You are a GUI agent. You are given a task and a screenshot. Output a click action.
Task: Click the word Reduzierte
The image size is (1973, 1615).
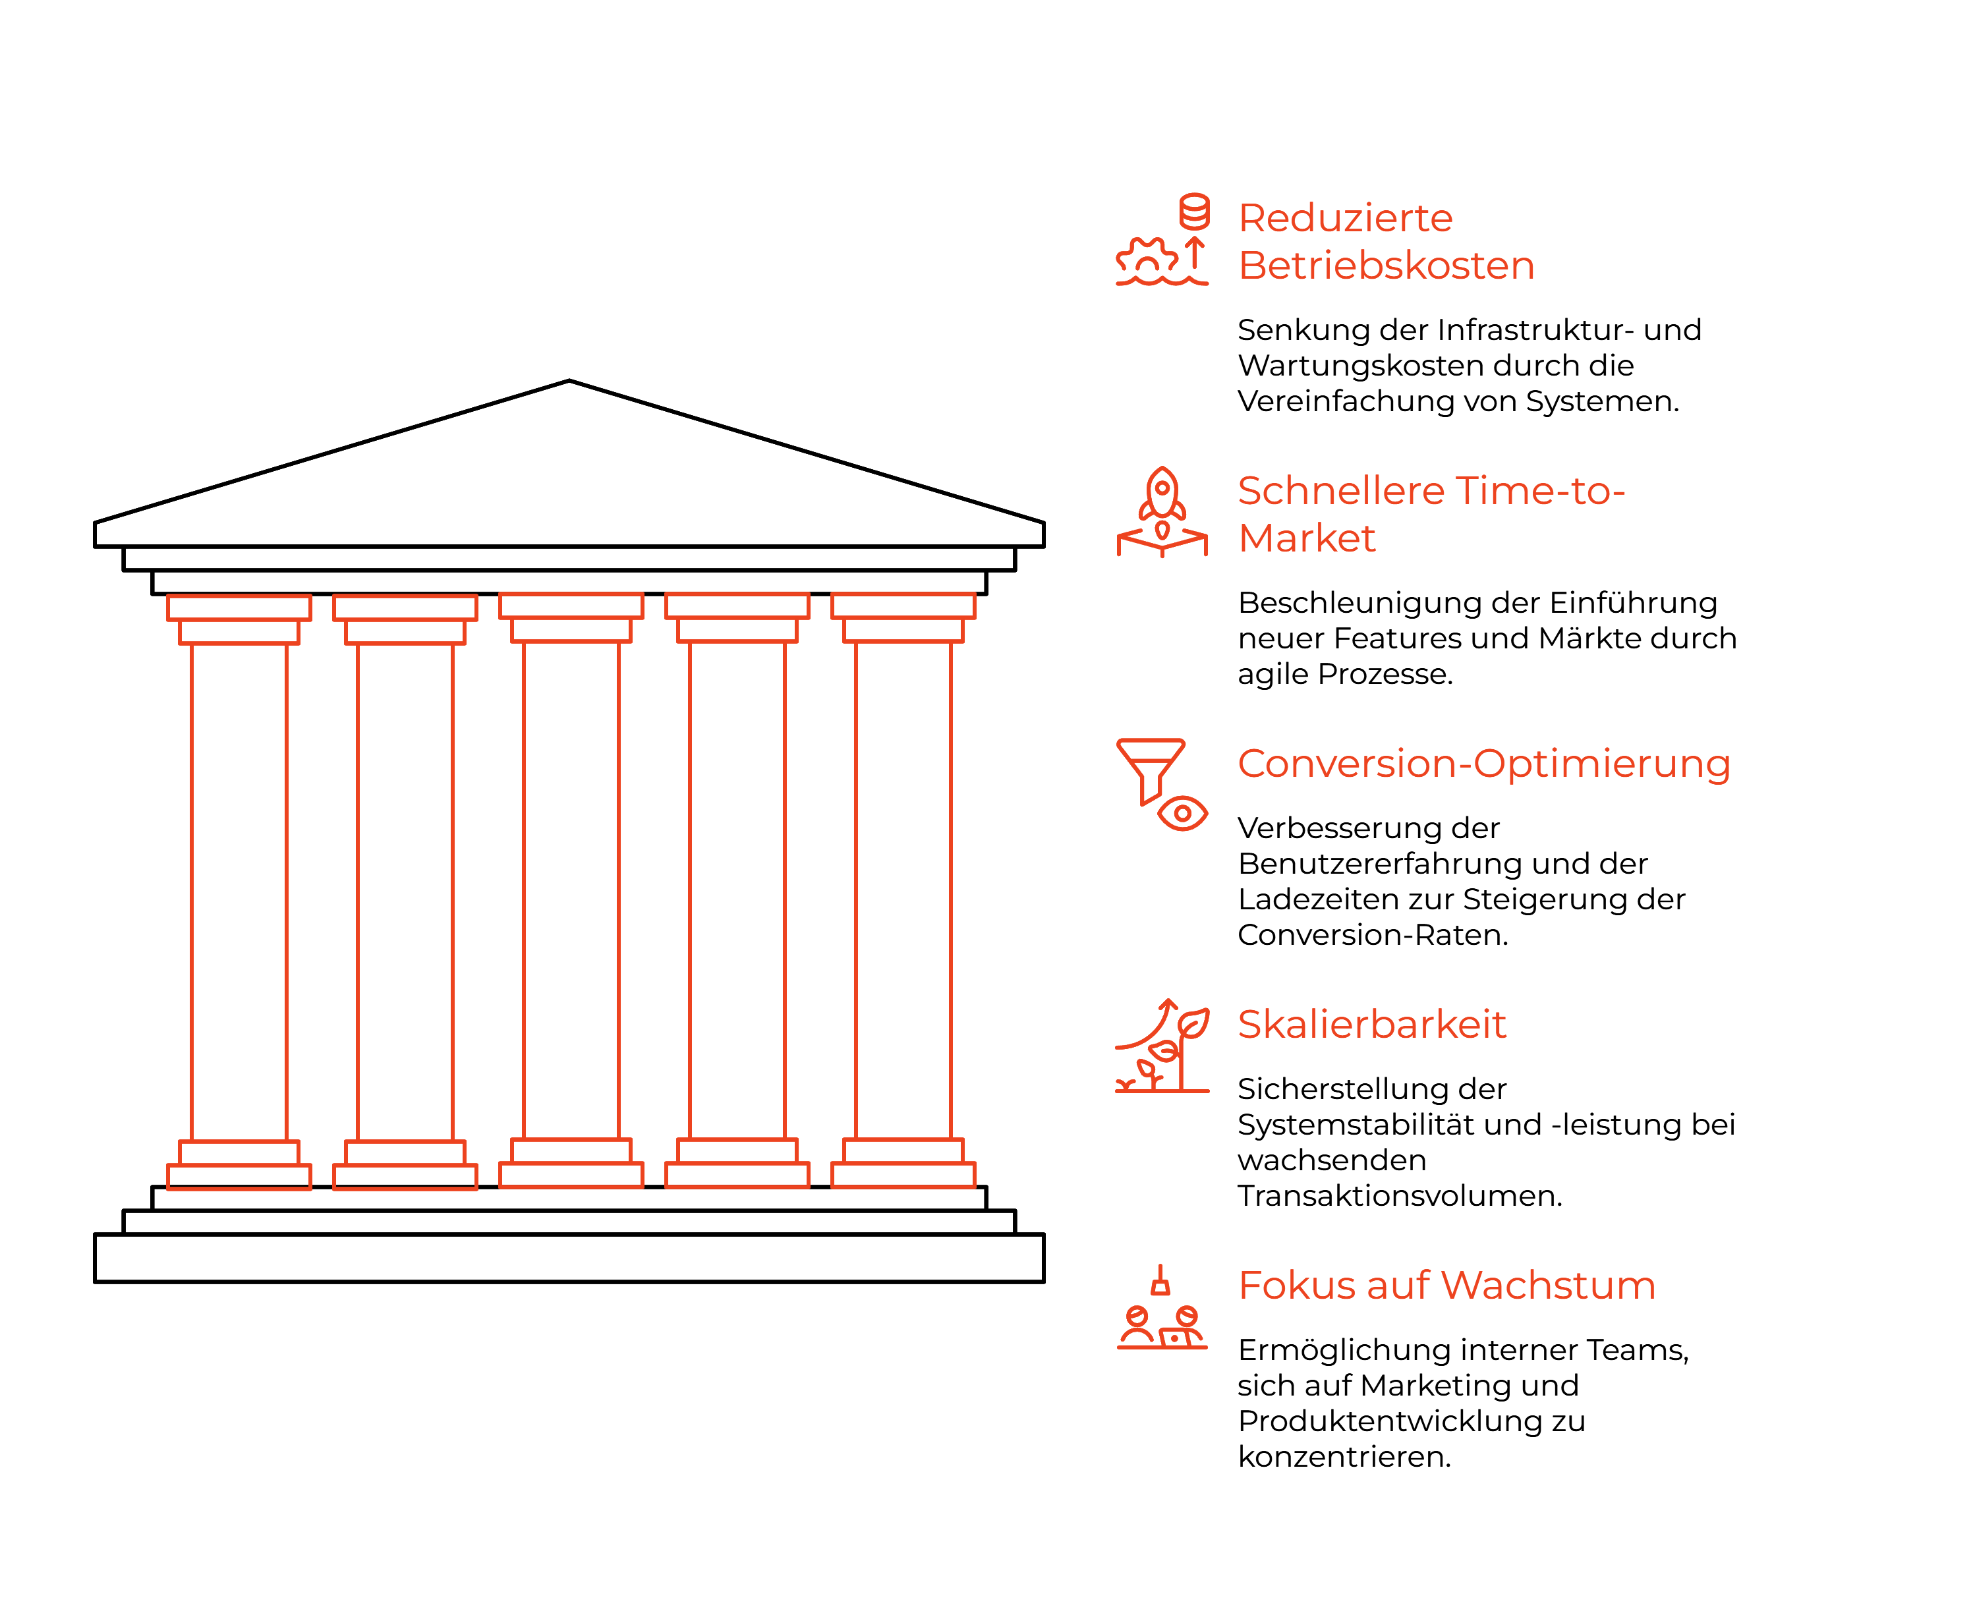[1345, 219]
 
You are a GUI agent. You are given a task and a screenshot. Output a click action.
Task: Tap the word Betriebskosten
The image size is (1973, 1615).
[1386, 266]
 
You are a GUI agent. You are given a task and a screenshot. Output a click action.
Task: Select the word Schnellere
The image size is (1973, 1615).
[1340, 491]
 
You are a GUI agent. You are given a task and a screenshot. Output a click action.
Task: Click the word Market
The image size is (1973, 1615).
[1307, 538]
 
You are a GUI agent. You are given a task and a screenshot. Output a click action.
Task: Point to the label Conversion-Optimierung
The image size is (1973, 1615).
[1483, 764]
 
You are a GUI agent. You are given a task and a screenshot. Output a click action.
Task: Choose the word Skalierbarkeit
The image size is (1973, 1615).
[1372, 1024]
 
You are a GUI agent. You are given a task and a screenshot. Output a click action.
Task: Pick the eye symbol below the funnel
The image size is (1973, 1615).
[1182, 814]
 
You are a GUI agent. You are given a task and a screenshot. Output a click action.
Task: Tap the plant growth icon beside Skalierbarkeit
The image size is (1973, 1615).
[1162, 1046]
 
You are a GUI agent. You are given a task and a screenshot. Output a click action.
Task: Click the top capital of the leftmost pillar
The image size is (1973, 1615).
[239, 608]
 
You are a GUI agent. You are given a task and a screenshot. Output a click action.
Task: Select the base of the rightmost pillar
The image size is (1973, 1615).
[903, 1175]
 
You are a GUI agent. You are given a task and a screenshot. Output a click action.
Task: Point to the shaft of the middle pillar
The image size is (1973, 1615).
[571, 890]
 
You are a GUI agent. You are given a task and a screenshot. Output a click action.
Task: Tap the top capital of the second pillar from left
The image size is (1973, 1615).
[405, 608]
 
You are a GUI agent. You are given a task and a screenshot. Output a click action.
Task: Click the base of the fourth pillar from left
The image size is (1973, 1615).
[737, 1175]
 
